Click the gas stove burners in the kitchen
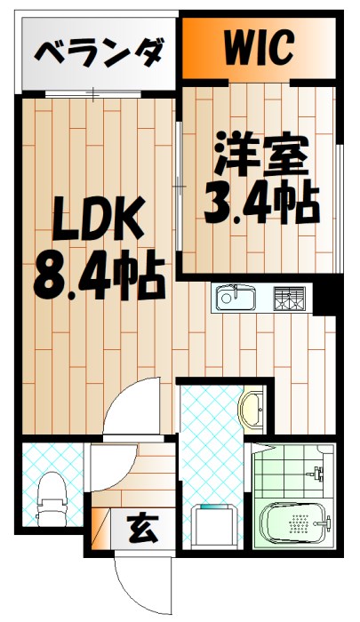click(x=289, y=298)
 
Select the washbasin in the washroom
click(x=253, y=411)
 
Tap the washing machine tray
click(x=213, y=526)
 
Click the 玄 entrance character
click(x=141, y=530)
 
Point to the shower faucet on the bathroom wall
click(x=317, y=474)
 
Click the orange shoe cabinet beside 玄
click(x=100, y=531)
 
